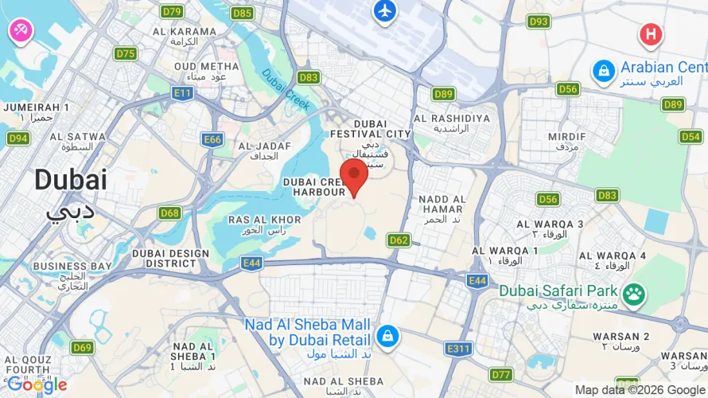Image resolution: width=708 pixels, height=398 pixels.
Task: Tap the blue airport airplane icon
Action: pos(385,11)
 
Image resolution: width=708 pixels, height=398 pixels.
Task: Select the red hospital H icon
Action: pos(651,34)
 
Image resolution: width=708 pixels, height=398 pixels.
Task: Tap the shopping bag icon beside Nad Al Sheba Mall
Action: pos(387,336)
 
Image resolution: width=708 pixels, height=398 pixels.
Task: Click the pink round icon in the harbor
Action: pos(19,31)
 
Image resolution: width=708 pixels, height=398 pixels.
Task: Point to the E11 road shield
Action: pos(184,94)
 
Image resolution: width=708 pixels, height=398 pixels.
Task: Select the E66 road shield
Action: pos(212,139)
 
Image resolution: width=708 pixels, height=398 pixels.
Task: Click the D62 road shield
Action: pos(399,239)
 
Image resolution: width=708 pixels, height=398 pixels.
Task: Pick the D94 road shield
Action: pos(18,139)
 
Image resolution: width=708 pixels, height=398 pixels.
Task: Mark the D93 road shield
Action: pos(539,21)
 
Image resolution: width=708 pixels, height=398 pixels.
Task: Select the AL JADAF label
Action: pos(263,146)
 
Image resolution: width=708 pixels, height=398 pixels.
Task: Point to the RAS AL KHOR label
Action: pos(264,219)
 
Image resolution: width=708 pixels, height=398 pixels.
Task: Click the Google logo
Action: pos(37,385)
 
